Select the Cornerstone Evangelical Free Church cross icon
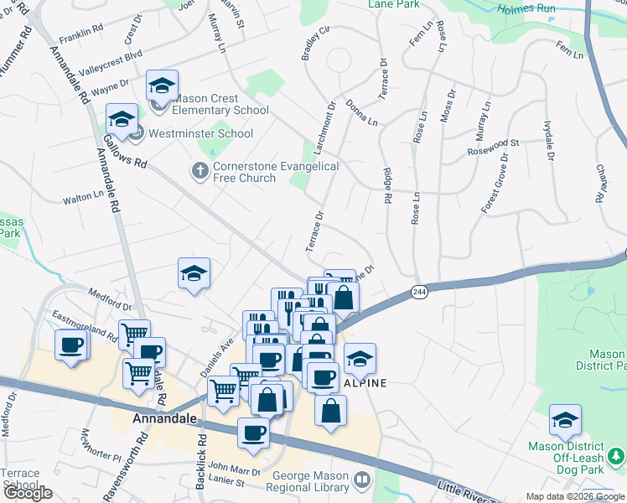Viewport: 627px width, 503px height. [x=199, y=171]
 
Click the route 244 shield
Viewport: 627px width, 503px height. [x=420, y=291]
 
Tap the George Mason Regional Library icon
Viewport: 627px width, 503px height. [x=362, y=481]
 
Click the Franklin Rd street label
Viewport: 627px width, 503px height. [x=81, y=28]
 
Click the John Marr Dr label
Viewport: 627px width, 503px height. [x=236, y=467]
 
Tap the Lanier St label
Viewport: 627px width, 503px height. [x=225, y=482]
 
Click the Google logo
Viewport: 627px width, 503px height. [x=27, y=493]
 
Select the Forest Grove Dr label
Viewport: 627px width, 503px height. [x=495, y=183]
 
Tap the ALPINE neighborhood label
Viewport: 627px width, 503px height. [x=365, y=382]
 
